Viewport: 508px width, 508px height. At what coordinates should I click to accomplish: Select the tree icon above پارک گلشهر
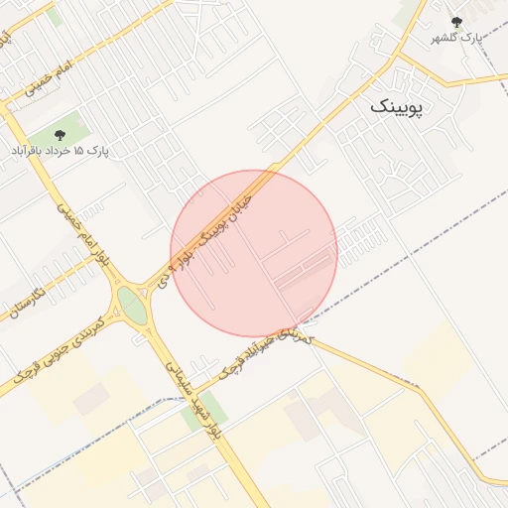tap(456, 22)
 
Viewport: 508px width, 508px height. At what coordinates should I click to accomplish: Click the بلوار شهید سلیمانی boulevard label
tap(192, 397)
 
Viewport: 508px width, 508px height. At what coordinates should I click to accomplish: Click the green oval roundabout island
tap(130, 305)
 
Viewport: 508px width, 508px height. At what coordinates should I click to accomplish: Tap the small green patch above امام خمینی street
tap(55, 17)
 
